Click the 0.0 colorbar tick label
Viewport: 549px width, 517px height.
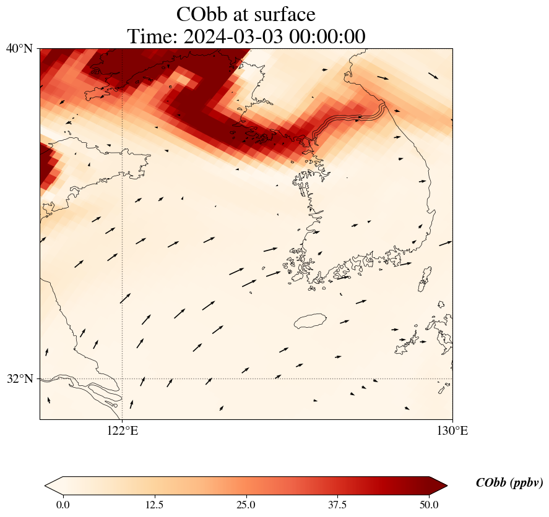[x=63, y=505]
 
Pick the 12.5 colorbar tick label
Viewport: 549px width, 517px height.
[x=154, y=505]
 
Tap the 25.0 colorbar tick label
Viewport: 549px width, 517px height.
[x=246, y=505]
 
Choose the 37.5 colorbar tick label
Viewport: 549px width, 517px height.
[x=337, y=505]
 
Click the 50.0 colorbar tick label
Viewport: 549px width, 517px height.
[x=429, y=505]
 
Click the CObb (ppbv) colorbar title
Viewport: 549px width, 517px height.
[x=509, y=483]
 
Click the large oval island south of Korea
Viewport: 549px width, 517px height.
[x=310, y=321]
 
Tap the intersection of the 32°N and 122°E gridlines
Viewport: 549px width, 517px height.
[x=123, y=378]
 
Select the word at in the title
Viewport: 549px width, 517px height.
[x=241, y=14]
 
